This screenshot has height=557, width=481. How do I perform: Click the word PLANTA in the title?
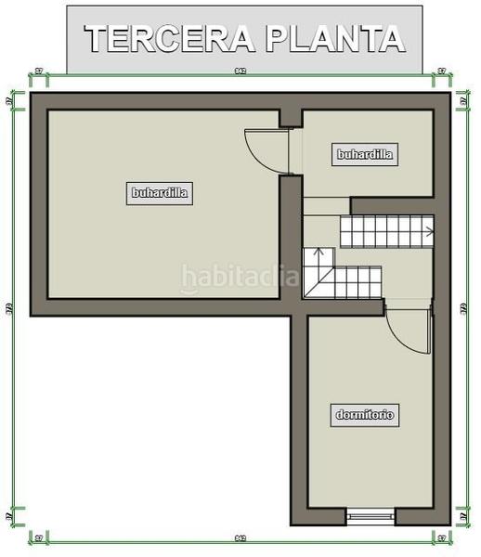pyautogui.click(x=334, y=39)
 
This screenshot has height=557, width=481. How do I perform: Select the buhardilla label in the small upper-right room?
pyautogui.click(x=366, y=155)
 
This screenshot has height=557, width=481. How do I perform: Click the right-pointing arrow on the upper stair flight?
pyautogui.click(x=426, y=228)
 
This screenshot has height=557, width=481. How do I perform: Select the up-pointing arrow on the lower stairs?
pyautogui.click(x=317, y=252)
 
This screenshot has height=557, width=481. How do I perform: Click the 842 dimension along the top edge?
pyautogui.click(x=240, y=71)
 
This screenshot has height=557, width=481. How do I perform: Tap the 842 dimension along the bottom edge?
pyautogui.click(x=240, y=538)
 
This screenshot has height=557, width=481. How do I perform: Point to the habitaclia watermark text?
pyautogui.click(x=240, y=276)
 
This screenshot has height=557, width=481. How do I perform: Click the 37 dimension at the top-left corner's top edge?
pyautogui.click(x=38, y=71)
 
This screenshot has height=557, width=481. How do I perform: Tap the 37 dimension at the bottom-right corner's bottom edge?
pyautogui.click(x=442, y=538)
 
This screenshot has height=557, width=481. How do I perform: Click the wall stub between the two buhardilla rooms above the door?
pyautogui.click(x=291, y=117)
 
